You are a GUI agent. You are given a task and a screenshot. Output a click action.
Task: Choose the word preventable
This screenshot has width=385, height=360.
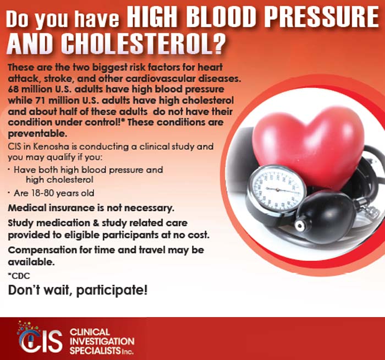tap(36, 133)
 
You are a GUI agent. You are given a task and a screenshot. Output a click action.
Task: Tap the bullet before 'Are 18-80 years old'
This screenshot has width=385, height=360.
tap(10, 193)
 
